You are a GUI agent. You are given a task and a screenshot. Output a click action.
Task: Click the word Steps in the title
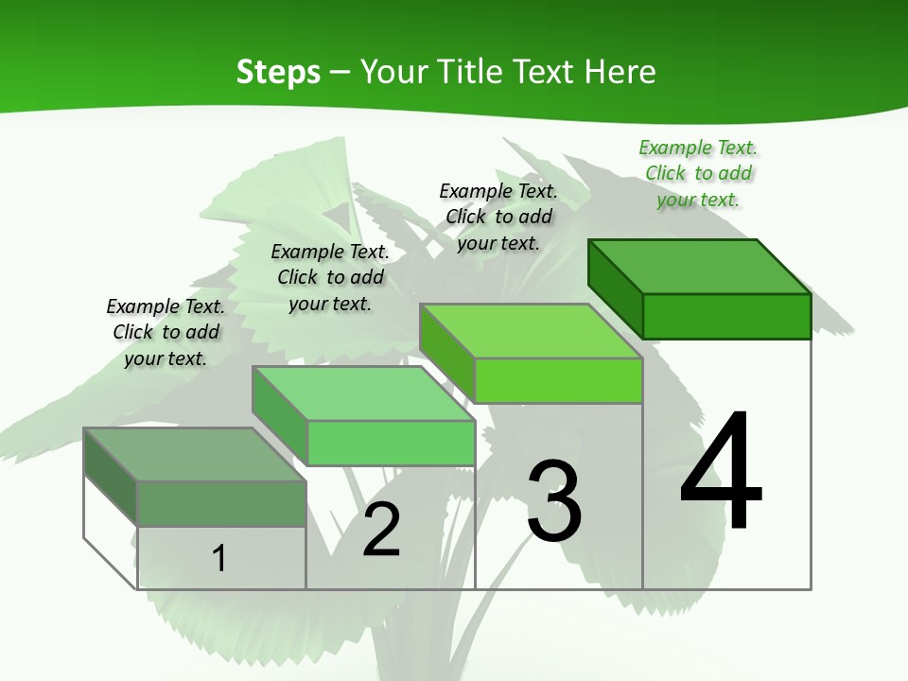tap(278, 72)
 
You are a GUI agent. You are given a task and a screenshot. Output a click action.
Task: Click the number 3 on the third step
tap(554, 500)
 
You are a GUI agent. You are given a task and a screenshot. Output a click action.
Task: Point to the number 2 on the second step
tap(381, 529)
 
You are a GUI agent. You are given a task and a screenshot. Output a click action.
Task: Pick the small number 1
tap(219, 558)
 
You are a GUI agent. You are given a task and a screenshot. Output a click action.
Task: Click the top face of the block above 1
tap(195, 454)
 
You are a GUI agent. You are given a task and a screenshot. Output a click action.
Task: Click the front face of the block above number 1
tap(221, 503)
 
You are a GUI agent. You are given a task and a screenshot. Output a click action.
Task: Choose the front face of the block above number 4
tap(726, 316)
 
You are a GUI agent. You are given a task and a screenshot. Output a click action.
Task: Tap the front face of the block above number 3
tap(558, 380)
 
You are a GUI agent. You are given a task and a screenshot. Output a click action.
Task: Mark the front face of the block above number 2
tap(391, 443)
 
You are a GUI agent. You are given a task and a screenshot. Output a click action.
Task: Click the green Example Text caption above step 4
tap(698, 148)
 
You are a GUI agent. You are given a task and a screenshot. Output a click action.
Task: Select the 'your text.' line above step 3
tap(498, 242)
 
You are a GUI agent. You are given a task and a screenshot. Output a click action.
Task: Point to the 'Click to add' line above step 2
tap(330, 277)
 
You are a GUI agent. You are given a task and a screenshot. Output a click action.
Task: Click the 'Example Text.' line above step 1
tap(166, 306)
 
